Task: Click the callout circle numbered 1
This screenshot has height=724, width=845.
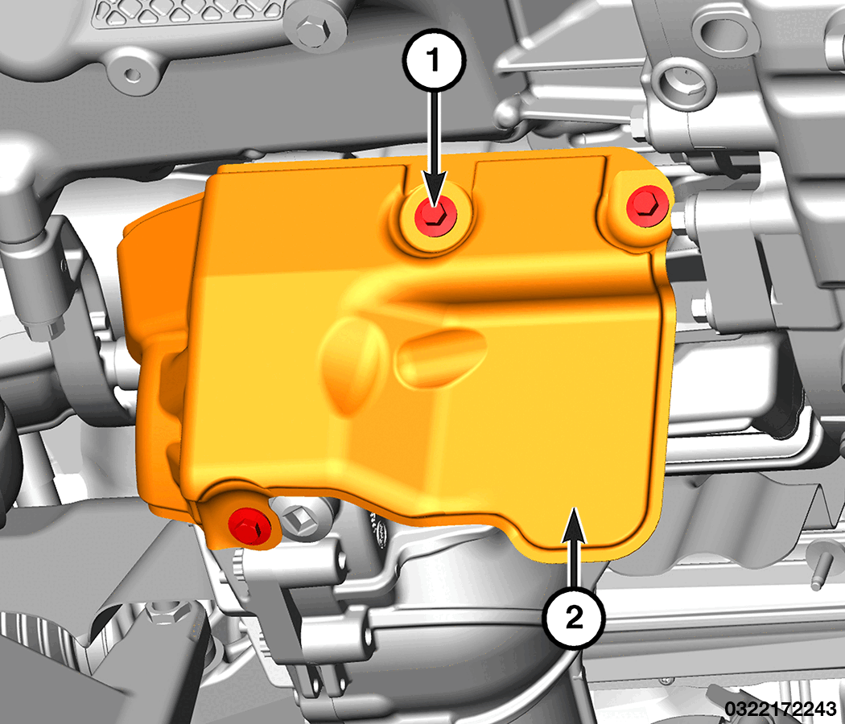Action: [435, 60]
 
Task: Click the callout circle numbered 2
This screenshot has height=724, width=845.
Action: [573, 617]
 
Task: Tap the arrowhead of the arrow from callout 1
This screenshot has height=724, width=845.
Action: [435, 191]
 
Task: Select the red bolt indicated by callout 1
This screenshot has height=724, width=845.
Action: [435, 216]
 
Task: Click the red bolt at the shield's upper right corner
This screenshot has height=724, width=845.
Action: [647, 206]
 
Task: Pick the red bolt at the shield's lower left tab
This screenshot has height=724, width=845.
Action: [249, 527]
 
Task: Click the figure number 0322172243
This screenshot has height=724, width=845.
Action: [781, 709]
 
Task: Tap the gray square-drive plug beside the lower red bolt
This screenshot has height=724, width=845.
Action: [299, 518]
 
